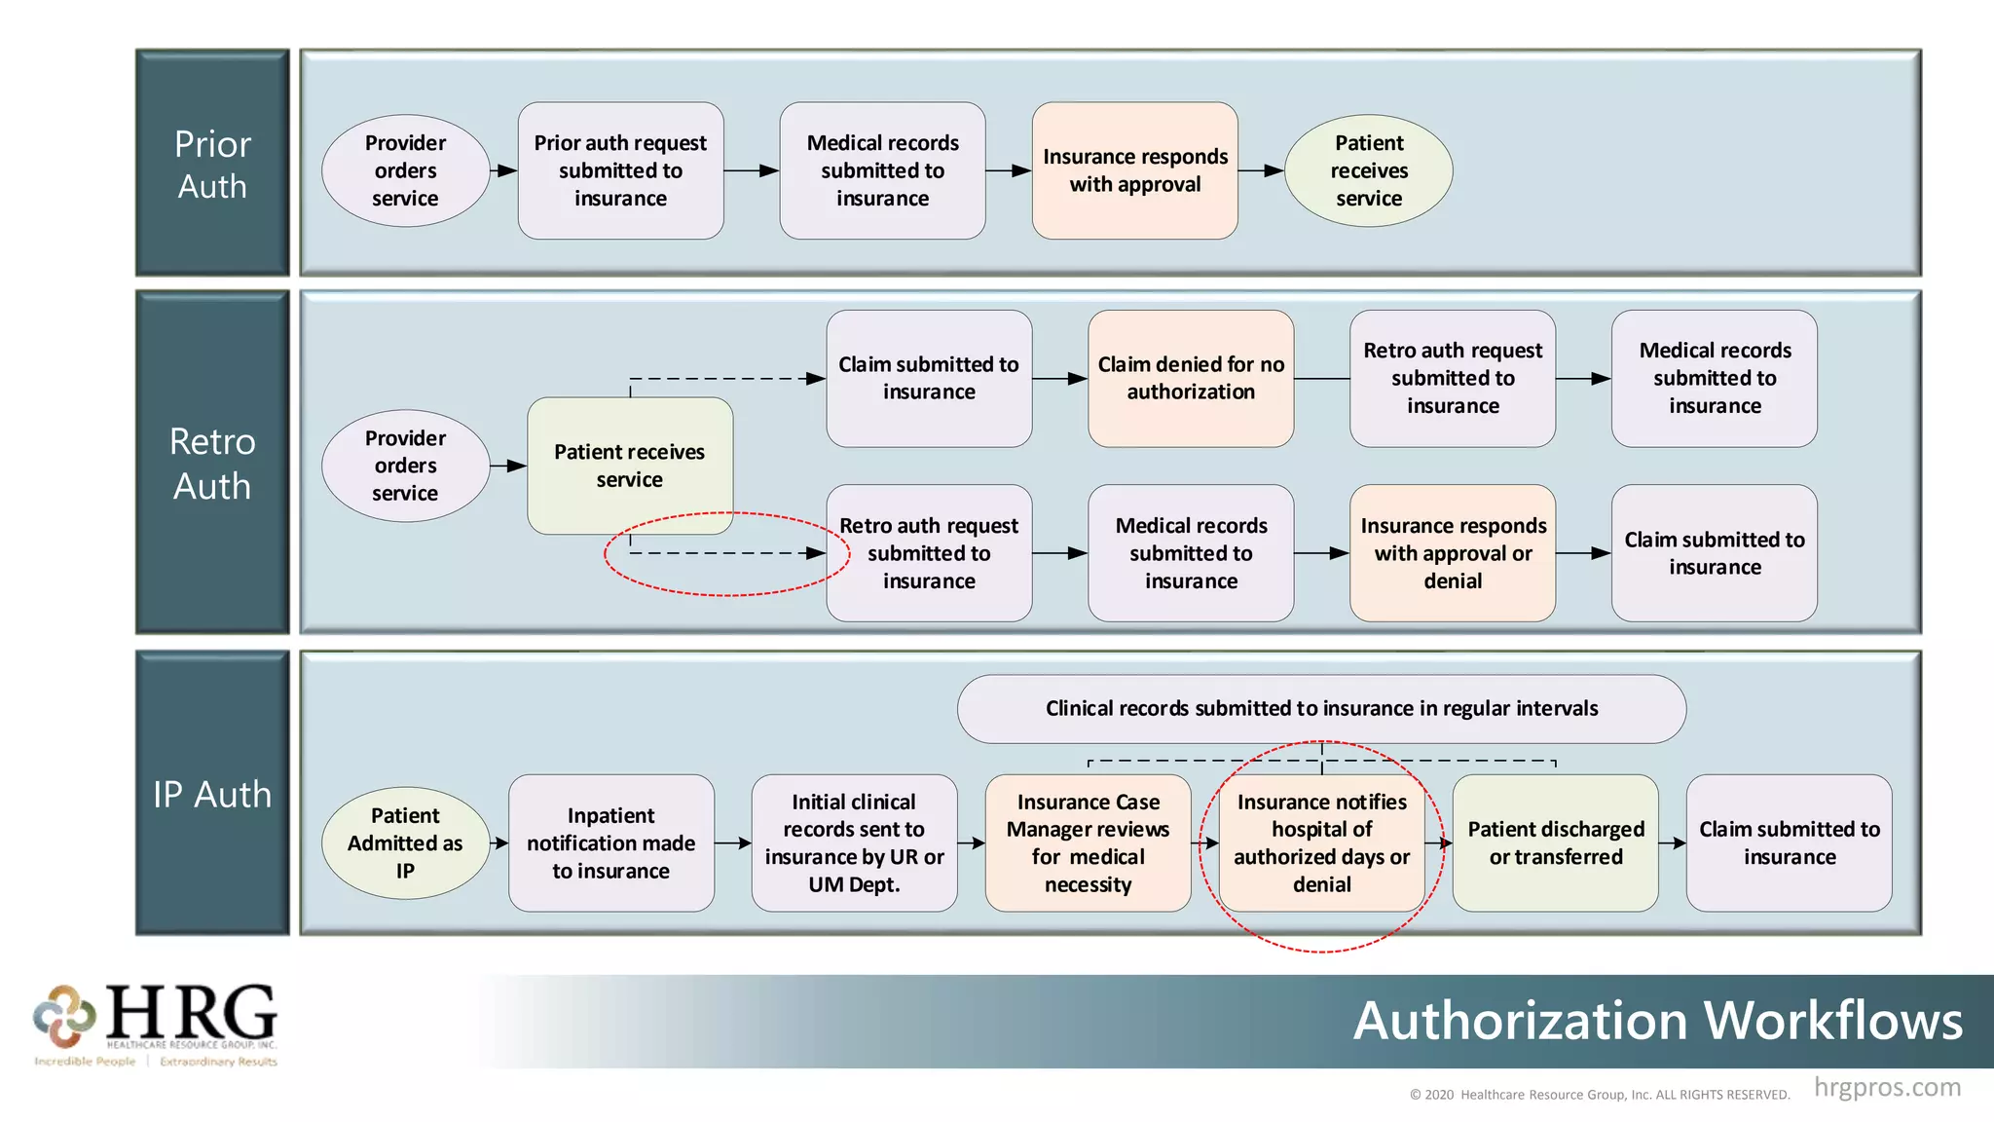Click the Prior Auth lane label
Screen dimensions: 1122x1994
tap(212, 164)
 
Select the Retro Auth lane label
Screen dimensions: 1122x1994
tap(212, 463)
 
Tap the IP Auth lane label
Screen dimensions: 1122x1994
tap(212, 794)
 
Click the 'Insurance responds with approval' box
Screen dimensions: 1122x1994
tap(1134, 170)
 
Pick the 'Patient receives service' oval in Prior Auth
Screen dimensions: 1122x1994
tap(1368, 170)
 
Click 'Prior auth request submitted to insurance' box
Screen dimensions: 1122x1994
tap(620, 170)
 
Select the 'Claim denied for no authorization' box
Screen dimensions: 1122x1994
tap(1191, 378)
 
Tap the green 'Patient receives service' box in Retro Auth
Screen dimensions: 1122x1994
tap(630, 466)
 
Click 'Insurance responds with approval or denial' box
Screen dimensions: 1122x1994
tap(1453, 553)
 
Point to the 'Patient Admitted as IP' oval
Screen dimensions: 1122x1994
tap(405, 842)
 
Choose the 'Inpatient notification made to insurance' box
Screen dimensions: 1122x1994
tap(610, 842)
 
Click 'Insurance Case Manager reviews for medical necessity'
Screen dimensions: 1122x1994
tap(1088, 842)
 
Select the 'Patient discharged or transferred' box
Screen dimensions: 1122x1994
tap(1555, 842)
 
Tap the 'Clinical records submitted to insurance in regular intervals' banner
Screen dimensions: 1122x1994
tap(1321, 709)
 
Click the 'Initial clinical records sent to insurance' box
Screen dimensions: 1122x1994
tap(854, 842)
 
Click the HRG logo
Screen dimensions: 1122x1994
tap(156, 1023)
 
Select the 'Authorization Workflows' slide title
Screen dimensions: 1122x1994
tap(1657, 1021)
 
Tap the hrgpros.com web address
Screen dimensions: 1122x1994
tap(1886, 1087)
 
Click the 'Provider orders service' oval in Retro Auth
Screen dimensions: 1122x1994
tap(405, 466)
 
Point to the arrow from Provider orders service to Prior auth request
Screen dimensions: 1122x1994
tap(503, 170)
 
